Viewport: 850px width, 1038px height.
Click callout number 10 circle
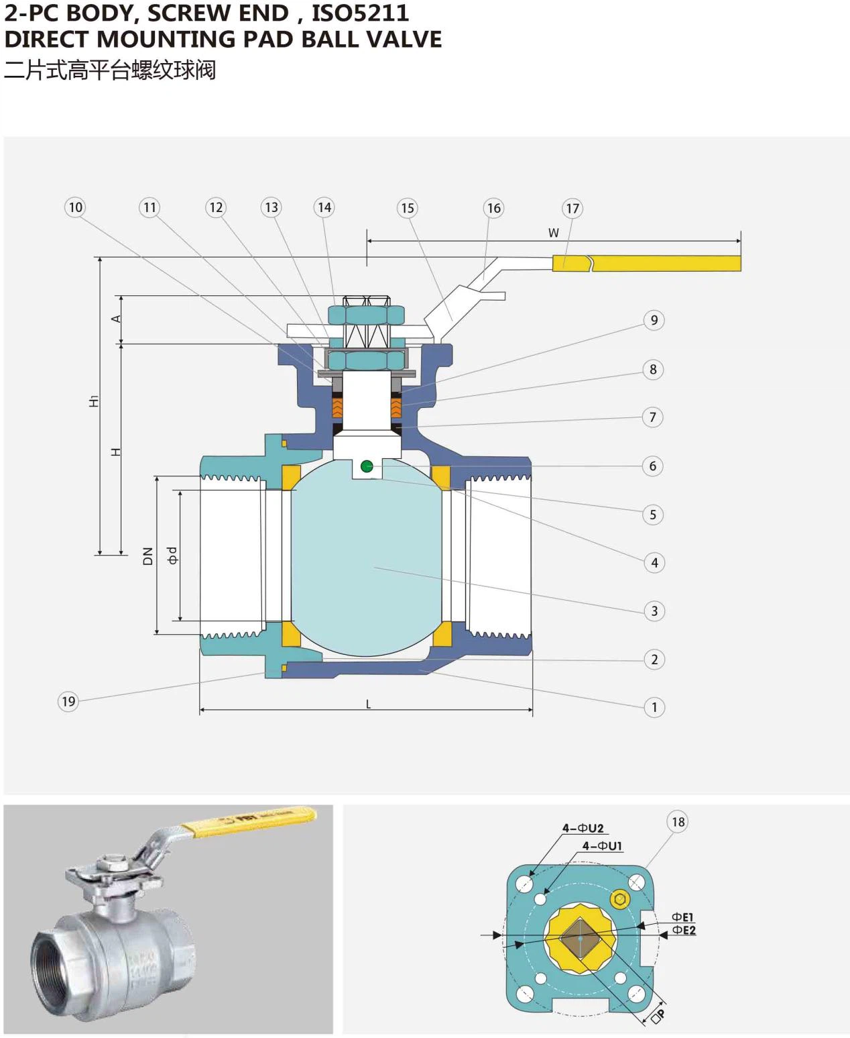coord(75,207)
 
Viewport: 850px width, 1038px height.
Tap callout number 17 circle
coord(572,209)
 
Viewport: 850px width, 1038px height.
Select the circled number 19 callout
coord(68,702)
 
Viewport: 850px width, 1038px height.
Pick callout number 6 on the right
coord(653,466)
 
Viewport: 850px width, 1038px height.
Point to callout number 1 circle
coord(654,707)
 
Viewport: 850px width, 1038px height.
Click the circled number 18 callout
coord(678,822)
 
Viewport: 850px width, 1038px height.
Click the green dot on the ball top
coord(367,466)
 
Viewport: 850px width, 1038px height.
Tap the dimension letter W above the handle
coord(553,233)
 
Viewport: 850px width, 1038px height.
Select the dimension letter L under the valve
coord(368,704)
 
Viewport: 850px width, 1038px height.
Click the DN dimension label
coord(148,556)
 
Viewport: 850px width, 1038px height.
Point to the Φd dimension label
coord(172,556)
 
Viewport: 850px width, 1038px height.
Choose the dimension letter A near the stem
coord(116,319)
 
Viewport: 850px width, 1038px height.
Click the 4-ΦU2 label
coord(583,828)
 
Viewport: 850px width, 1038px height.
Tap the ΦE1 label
coord(683,917)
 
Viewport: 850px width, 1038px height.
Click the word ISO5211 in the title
coord(360,13)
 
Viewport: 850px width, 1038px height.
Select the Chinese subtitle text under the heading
coord(109,70)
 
